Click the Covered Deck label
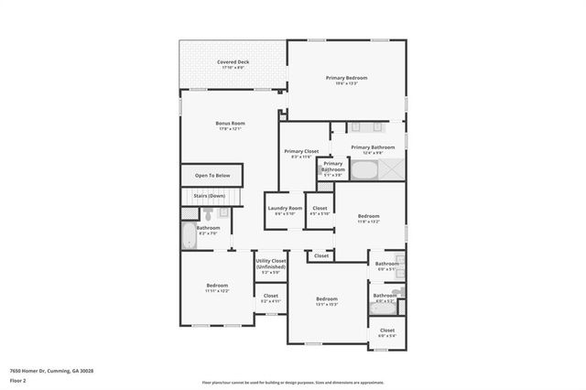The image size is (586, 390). coord(233,62)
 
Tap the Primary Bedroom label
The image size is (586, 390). coord(346,78)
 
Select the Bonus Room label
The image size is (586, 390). coord(230,124)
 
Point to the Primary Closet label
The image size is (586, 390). coord(301,151)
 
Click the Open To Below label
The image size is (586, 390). coord(212,175)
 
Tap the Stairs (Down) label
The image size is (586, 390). coord(210,196)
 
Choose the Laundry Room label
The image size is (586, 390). coord(285,208)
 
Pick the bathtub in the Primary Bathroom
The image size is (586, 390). coord(364,170)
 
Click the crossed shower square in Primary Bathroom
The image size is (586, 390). coord(392,169)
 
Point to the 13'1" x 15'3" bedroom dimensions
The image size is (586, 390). coord(327,304)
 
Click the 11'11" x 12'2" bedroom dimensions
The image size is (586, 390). coord(217,291)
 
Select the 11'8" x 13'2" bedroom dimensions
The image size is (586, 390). coord(368,222)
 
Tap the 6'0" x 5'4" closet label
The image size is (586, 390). coord(386,335)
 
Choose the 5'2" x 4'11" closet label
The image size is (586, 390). coord(271,300)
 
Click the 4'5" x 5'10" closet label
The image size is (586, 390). coord(320,213)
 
